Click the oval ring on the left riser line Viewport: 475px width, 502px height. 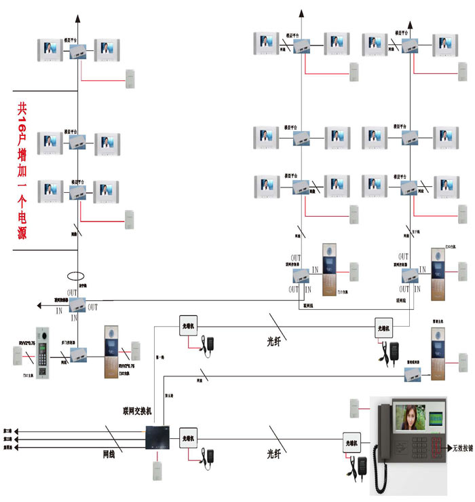[x=75, y=277]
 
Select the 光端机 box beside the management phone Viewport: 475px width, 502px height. [x=352, y=440]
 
